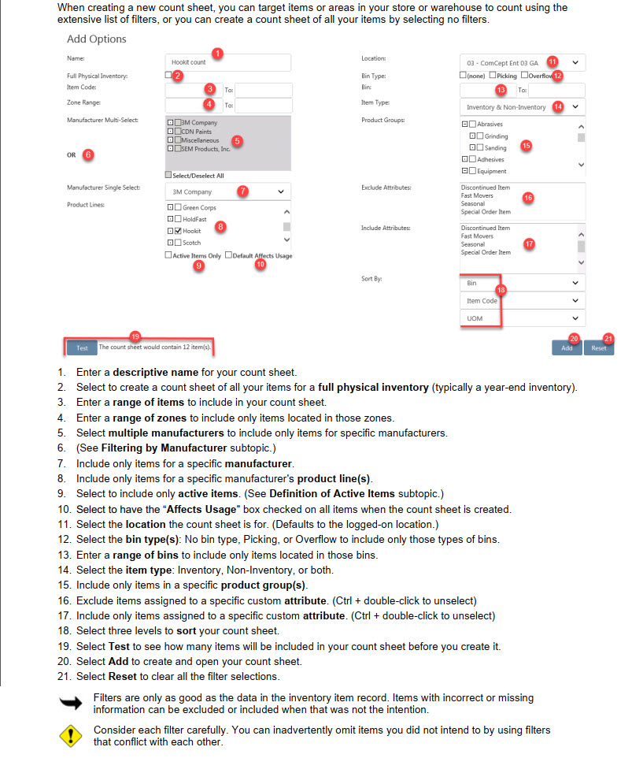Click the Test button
coord(82,347)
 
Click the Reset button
coord(599,347)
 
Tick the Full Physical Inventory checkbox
coord(168,76)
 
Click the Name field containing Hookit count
coord(228,62)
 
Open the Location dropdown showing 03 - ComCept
coord(522,62)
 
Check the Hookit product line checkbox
coord(178,231)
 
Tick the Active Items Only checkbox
coord(168,256)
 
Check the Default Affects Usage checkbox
coord(228,256)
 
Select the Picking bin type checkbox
coord(492,76)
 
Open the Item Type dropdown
coord(522,106)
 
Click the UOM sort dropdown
coord(522,318)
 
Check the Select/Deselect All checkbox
coord(168,175)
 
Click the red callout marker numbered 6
coord(88,155)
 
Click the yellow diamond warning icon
coord(70,735)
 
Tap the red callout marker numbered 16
coord(528,197)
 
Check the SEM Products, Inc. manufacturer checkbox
coord(178,148)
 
